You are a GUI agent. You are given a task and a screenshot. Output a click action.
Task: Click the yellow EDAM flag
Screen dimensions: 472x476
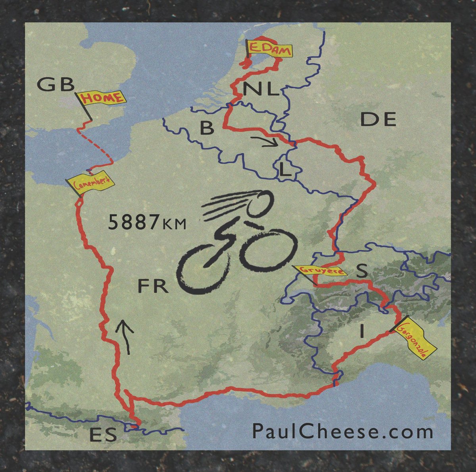click(269, 50)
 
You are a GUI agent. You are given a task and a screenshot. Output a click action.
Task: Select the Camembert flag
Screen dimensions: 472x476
click(90, 183)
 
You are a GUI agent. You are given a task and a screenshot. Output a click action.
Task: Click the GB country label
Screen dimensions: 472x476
click(56, 85)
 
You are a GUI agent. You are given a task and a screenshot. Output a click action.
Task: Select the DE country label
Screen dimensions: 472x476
click(378, 119)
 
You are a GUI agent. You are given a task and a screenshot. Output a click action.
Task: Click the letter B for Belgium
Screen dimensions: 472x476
click(207, 128)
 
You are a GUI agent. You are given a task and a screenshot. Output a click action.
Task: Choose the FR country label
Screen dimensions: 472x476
click(153, 286)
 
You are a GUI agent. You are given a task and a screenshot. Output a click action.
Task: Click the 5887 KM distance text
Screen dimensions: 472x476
click(147, 223)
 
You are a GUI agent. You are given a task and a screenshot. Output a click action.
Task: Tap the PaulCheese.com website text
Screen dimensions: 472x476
click(342, 431)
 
